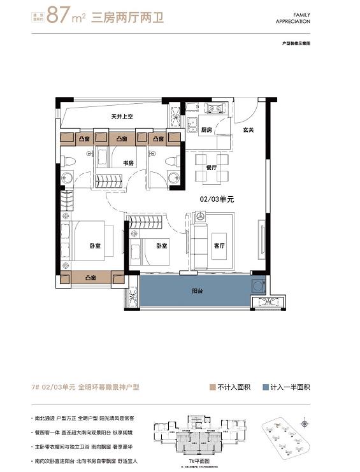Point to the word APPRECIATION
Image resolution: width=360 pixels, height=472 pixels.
tap(292, 22)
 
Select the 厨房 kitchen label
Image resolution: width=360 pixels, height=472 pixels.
tap(206, 130)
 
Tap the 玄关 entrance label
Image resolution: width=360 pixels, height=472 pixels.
tap(248, 130)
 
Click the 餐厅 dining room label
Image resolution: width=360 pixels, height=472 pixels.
tap(211, 167)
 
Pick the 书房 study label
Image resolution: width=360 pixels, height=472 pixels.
tap(128, 163)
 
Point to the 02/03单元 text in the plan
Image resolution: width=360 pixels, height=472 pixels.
tap(217, 199)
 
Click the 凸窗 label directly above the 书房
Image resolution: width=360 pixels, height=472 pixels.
tap(121, 138)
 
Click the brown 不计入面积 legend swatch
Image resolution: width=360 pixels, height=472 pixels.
tap(212, 387)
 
